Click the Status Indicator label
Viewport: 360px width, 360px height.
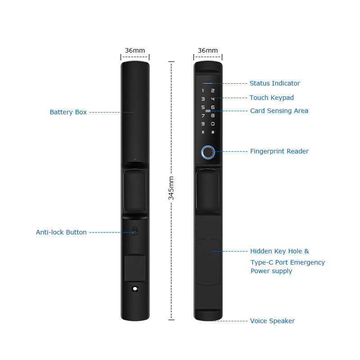[274, 83]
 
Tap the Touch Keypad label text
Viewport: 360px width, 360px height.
[272, 98]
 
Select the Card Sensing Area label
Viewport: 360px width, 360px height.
[279, 111]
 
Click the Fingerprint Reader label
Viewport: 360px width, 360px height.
[279, 151]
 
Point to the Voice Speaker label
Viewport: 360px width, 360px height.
[272, 321]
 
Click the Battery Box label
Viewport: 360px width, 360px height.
[68, 112]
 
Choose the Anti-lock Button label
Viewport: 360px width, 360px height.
[61, 232]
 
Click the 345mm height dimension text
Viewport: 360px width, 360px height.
[171, 188]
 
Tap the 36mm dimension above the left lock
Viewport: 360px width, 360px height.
[135, 50]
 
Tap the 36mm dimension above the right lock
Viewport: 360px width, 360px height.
[208, 50]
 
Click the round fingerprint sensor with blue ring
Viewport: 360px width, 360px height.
[208, 152]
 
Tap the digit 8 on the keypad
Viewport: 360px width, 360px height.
[213, 116]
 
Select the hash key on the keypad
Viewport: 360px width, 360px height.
[213, 132]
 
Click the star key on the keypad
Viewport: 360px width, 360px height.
[203, 132]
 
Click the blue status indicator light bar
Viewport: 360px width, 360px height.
[208, 83]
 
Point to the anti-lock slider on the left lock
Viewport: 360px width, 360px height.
[135, 230]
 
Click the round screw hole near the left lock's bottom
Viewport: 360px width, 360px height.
[135, 288]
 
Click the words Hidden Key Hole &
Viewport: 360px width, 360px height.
[279, 251]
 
